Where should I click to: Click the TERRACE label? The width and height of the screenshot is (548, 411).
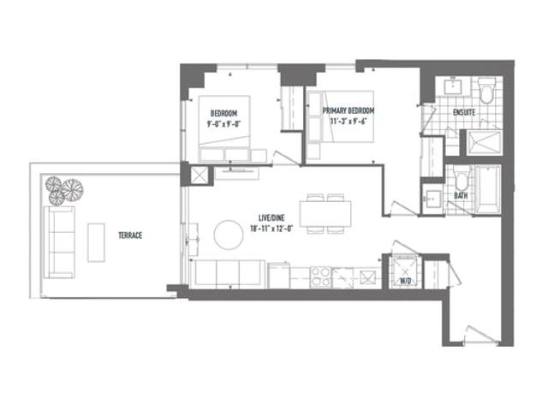[130, 235]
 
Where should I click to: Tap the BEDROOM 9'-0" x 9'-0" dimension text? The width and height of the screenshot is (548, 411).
[224, 123]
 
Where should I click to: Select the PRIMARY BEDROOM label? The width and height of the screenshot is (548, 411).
[348, 110]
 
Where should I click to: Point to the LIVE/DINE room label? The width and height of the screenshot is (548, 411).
[271, 218]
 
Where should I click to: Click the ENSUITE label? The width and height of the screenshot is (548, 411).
[464, 112]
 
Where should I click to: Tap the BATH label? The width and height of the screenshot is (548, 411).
[461, 196]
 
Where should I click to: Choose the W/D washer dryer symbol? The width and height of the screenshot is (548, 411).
[405, 272]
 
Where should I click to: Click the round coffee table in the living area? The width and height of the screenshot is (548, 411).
[229, 235]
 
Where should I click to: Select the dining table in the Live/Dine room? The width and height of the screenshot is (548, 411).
[325, 213]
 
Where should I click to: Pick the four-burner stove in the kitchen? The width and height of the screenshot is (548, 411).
[321, 277]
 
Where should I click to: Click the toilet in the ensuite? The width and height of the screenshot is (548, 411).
[486, 90]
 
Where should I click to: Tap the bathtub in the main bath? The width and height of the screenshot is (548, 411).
[488, 190]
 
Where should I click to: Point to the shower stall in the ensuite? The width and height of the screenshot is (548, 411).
[485, 143]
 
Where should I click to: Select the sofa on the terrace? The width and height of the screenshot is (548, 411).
[59, 242]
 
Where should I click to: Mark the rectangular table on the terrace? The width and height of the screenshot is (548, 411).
[96, 242]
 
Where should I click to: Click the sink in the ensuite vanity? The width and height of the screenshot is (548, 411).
[453, 86]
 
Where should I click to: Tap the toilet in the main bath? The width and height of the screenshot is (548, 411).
[462, 179]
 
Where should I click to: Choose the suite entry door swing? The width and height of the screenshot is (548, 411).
[480, 335]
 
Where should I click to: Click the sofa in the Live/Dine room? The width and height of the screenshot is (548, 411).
[228, 274]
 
